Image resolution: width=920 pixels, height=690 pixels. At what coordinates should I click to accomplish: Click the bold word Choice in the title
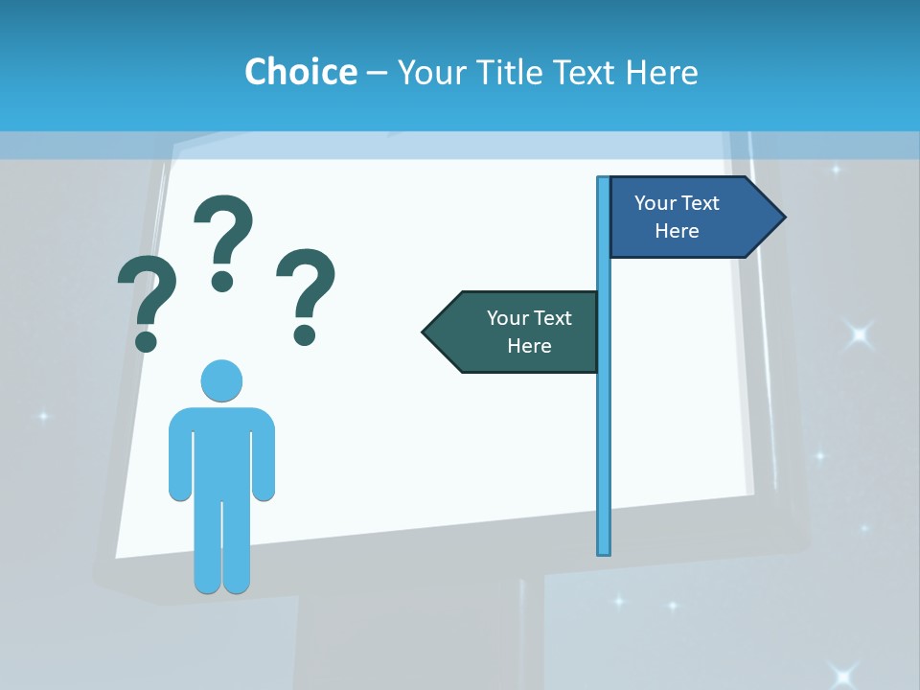click(300, 72)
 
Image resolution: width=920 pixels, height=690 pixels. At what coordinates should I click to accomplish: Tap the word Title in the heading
click(505, 72)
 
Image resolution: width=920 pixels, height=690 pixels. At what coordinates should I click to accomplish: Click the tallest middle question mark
click(223, 240)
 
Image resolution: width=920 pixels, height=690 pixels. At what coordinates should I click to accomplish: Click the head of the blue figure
click(221, 380)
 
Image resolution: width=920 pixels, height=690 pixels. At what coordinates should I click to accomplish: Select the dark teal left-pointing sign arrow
click(513, 332)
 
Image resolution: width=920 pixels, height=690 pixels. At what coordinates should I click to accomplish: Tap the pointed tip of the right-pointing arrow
click(783, 218)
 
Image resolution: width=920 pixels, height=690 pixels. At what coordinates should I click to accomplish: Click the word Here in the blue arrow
click(677, 231)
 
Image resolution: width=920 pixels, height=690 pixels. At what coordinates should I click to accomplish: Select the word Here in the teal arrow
click(529, 346)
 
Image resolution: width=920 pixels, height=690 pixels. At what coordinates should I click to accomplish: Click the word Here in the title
click(661, 72)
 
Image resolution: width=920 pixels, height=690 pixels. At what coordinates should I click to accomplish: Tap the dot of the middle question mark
click(222, 281)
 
